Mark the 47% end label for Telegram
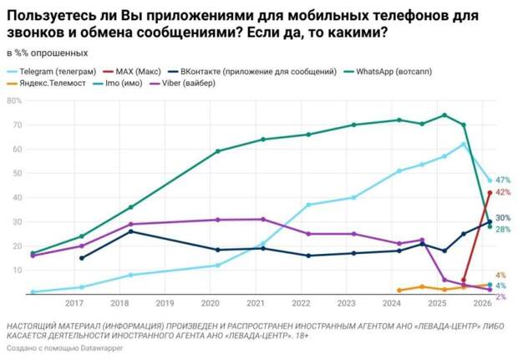pos(503,180)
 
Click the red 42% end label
pos(503,192)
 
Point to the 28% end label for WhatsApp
pos(503,229)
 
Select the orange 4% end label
pos(500,275)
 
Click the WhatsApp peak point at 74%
pos(444,115)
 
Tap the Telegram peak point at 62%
pos(464,144)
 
